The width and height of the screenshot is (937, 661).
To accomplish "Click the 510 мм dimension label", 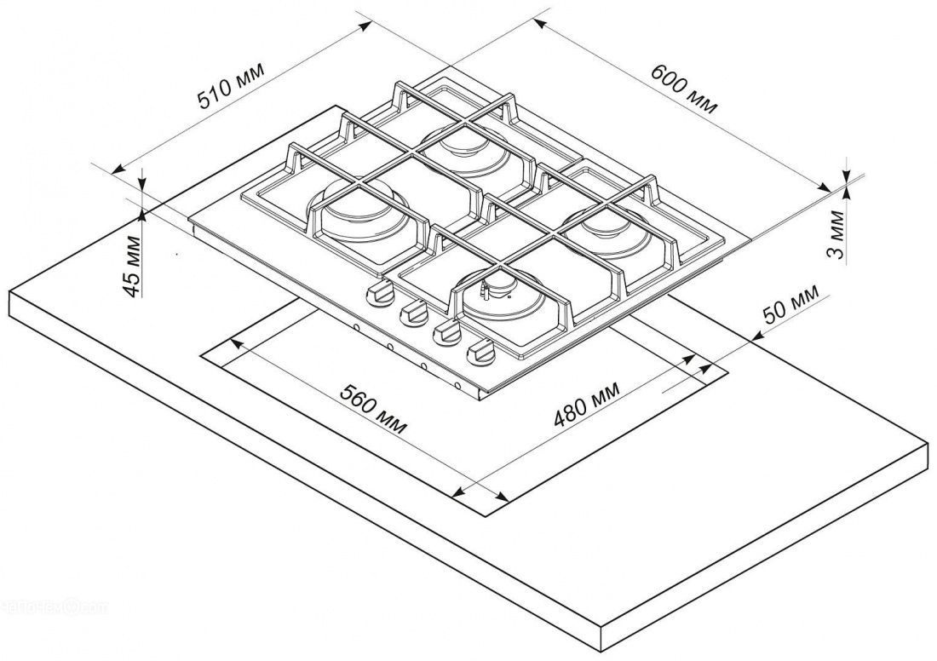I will (231, 86).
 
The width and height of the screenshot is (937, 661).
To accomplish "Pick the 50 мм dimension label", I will (789, 306).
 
